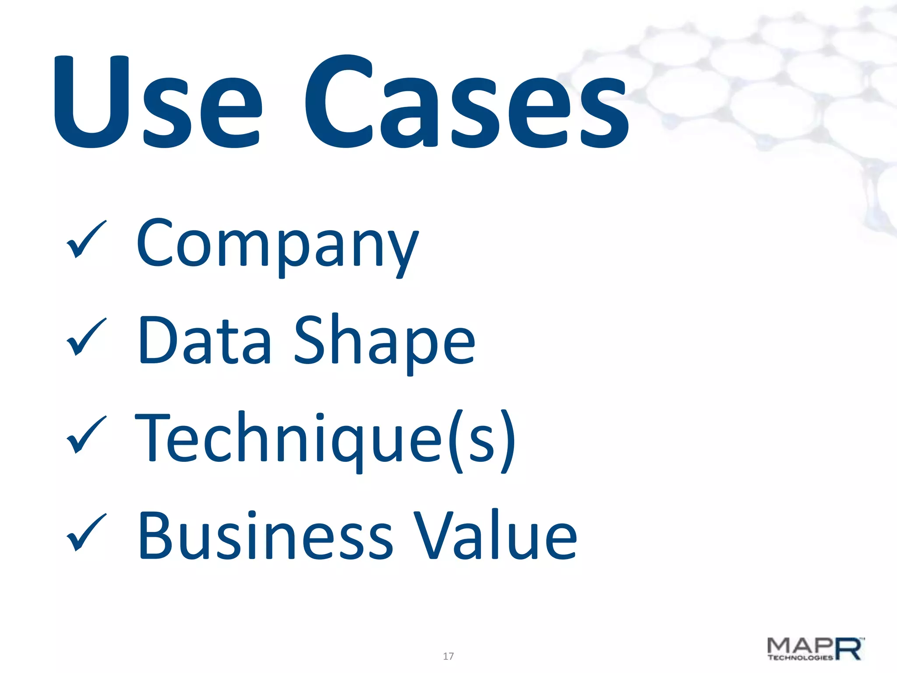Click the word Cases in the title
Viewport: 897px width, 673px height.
[466, 102]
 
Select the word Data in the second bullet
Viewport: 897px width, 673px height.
[205, 342]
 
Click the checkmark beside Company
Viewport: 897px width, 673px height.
[86, 239]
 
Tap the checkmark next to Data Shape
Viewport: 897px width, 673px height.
[86, 336]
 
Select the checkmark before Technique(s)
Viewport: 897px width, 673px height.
[86, 434]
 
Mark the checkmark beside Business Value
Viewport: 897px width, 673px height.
[86, 531]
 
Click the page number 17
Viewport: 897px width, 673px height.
[448, 656]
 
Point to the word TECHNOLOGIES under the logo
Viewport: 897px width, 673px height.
[800, 657]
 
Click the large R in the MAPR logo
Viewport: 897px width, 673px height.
[849, 648]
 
